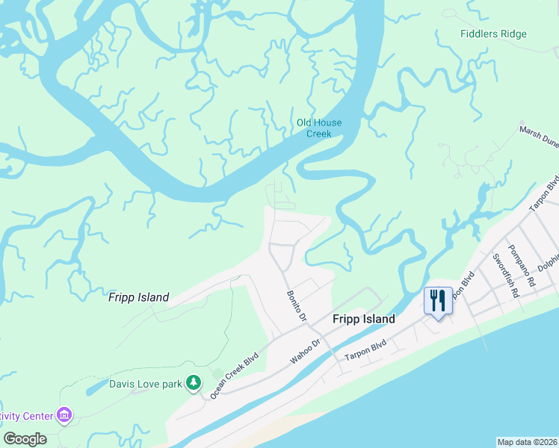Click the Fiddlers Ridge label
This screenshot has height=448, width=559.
[493, 34]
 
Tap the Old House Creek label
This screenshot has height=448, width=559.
[319, 128]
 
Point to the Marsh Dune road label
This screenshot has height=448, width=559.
[539, 137]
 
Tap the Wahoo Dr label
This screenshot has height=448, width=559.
[305, 352]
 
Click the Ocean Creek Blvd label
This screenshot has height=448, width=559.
[239, 374]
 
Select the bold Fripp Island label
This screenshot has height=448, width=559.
[363, 319]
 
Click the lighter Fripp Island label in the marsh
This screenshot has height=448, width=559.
[139, 297]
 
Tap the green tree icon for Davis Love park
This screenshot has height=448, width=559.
[194, 383]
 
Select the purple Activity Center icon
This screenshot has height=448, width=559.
[64, 414]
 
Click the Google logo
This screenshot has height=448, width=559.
[25, 439]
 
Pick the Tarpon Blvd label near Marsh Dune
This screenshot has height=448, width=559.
[549, 193]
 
